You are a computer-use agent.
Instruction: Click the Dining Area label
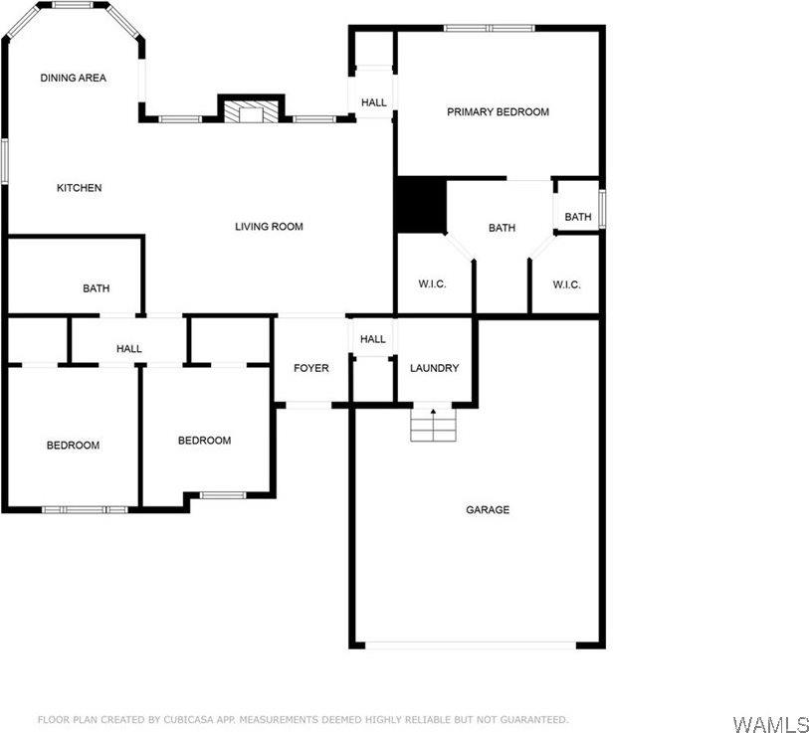[73, 78]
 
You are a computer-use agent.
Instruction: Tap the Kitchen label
[79, 188]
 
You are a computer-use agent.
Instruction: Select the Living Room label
[269, 227]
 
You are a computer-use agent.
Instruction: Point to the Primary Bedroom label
[498, 112]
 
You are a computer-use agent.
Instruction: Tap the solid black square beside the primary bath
[421, 205]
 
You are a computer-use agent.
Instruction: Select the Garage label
[488, 510]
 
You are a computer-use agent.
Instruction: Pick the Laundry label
[435, 368]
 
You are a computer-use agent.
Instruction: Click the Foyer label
[310, 368]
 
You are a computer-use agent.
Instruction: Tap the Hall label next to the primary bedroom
[374, 102]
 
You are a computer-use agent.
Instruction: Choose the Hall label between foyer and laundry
[373, 339]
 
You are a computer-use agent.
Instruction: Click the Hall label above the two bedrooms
[128, 349]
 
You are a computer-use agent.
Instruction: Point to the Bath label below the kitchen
[97, 288]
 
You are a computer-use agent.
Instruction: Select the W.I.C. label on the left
[432, 284]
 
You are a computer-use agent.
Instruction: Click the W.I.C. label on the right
[566, 284]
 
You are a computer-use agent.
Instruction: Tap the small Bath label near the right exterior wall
[578, 217]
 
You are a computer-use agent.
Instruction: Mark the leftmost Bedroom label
[73, 445]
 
